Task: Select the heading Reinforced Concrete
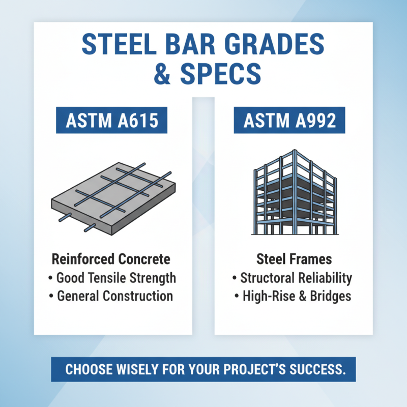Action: click(111, 259)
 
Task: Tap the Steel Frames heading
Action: click(294, 259)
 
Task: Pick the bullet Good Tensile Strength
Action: click(112, 278)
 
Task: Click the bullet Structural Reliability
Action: click(293, 278)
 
